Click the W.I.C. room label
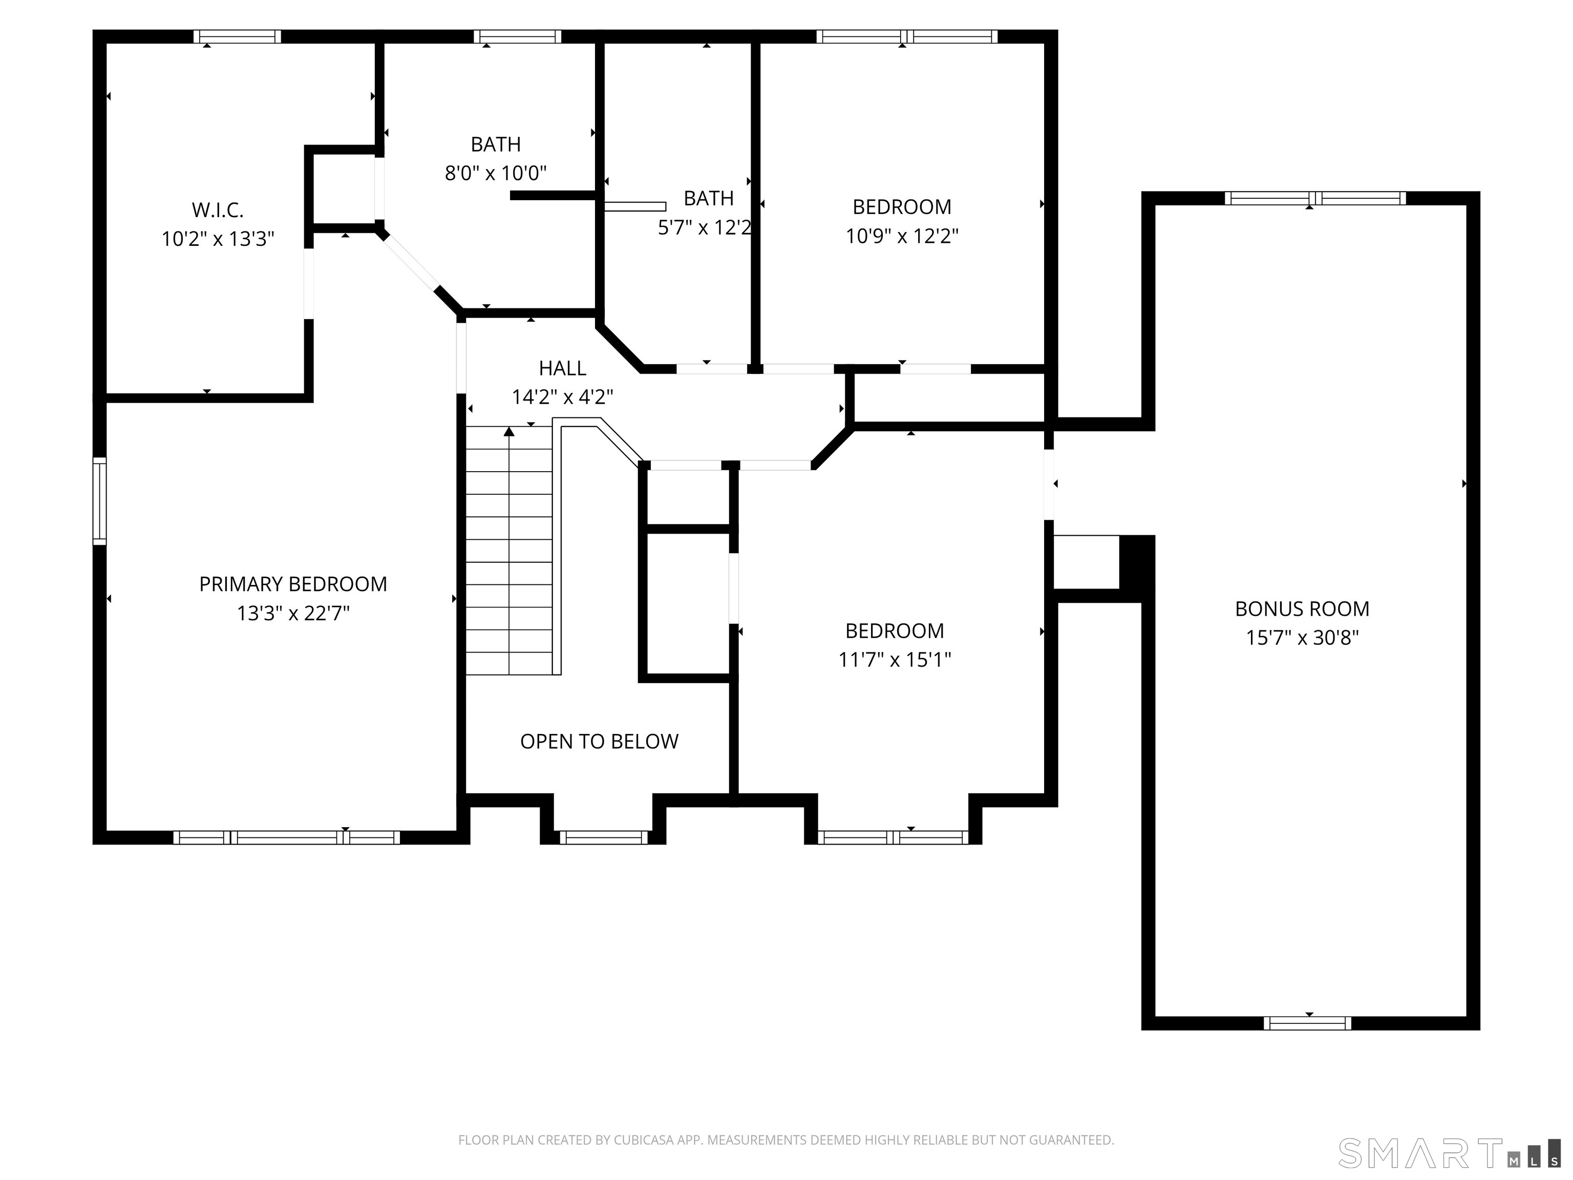pos(218,210)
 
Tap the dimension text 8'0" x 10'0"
pos(496,173)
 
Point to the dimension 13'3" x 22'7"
pos(293,613)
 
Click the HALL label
pos(563,368)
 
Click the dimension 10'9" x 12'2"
pos(902,236)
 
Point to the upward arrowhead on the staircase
pos(509,431)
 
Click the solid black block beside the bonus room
pos(1136,562)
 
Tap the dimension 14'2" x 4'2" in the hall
pos(563,397)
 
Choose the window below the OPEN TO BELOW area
pos(603,837)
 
